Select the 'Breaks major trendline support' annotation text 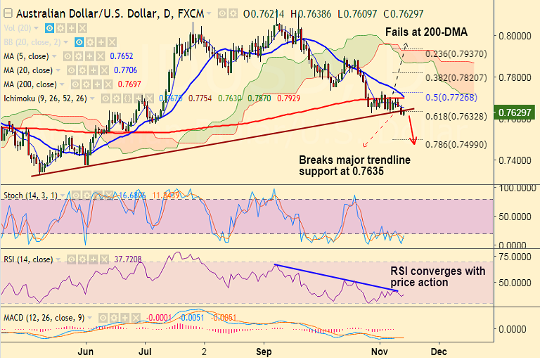(354, 165)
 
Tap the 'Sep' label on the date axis (264, 349)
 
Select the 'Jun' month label (85, 349)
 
